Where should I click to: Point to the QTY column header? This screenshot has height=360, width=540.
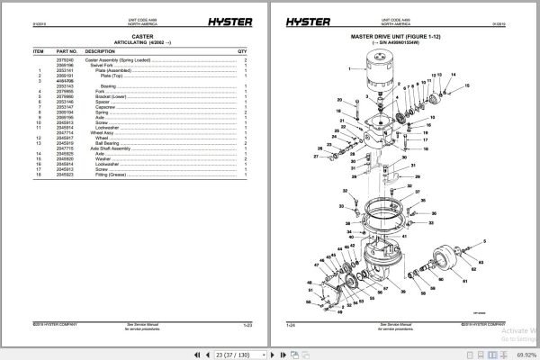[x=241, y=52]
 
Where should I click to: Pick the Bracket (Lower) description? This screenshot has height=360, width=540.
[x=105, y=96]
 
